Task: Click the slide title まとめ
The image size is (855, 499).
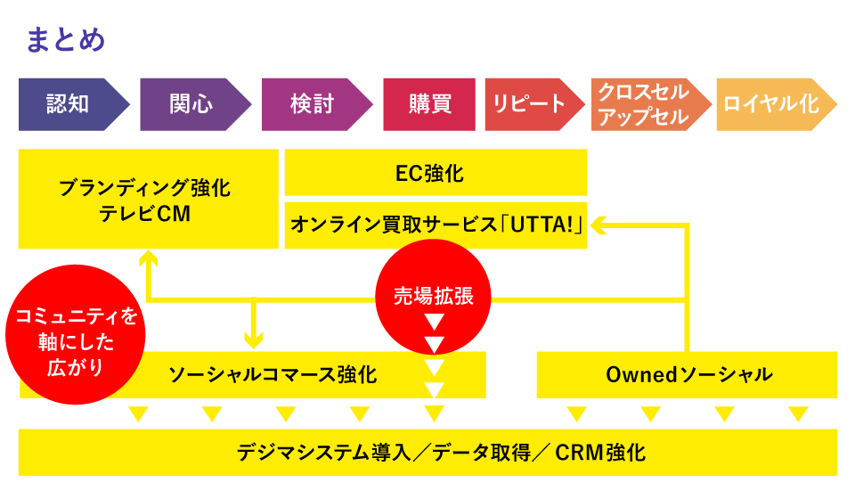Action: tap(66, 40)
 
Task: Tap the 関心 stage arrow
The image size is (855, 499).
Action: tap(191, 104)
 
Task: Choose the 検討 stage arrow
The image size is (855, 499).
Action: tap(313, 104)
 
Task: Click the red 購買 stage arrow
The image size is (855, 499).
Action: tap(430, 104)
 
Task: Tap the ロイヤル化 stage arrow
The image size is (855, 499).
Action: tap(771, 104)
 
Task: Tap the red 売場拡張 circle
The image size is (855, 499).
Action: tap(434, 296)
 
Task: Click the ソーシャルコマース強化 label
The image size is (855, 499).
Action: tap(273, 374)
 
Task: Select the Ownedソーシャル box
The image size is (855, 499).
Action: tap(688, 374)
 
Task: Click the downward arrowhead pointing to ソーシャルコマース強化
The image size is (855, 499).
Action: tap(255, 341)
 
